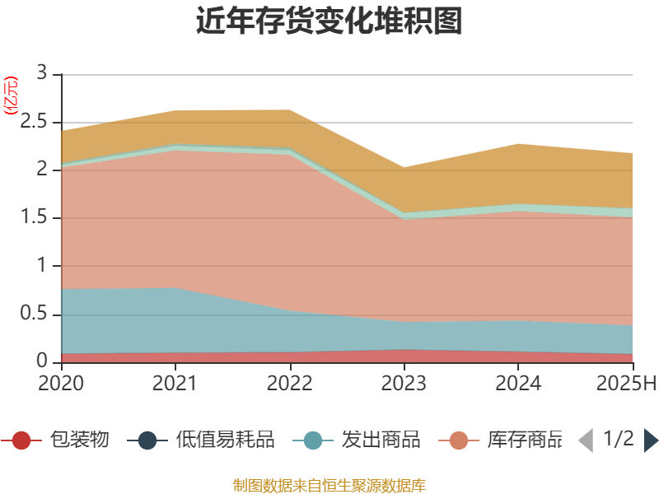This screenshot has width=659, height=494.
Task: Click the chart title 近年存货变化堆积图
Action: [x=329, y=21]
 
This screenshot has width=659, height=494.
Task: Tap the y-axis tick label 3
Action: [x=44, y=74]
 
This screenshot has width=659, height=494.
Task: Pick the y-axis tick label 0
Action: [x=44, y=362]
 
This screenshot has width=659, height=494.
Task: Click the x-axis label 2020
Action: [x=61, y=384]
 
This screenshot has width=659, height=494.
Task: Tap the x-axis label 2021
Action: [x=175, y=384]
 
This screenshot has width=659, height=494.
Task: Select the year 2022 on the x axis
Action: [x=290, y=384]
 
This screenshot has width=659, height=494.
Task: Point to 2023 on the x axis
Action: [x=404, y=384]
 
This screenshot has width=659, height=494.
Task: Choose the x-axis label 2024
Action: [x=519, y=384]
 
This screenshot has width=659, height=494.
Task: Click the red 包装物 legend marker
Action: [x=21, y=440]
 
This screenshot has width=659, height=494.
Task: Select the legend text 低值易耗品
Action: [x=225, y=440]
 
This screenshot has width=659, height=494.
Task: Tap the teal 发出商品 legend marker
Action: [x=313, y=440]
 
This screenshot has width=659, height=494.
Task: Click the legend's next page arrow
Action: [x=651, y=440]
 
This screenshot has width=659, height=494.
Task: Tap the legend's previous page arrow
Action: [x=586, y=440]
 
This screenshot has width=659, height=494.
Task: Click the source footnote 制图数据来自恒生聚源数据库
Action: [x=329, y=485]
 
